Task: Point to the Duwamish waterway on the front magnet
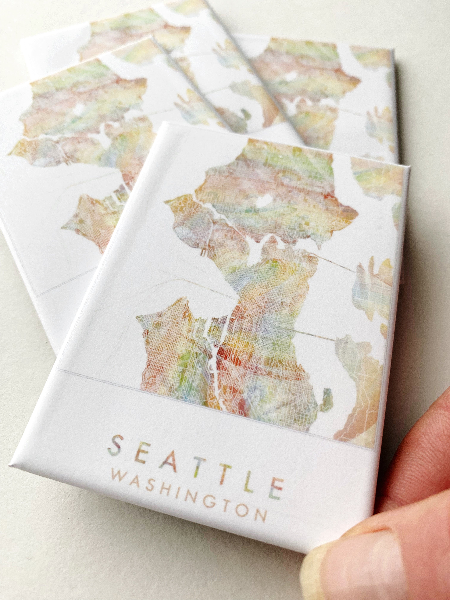[214, 361]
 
